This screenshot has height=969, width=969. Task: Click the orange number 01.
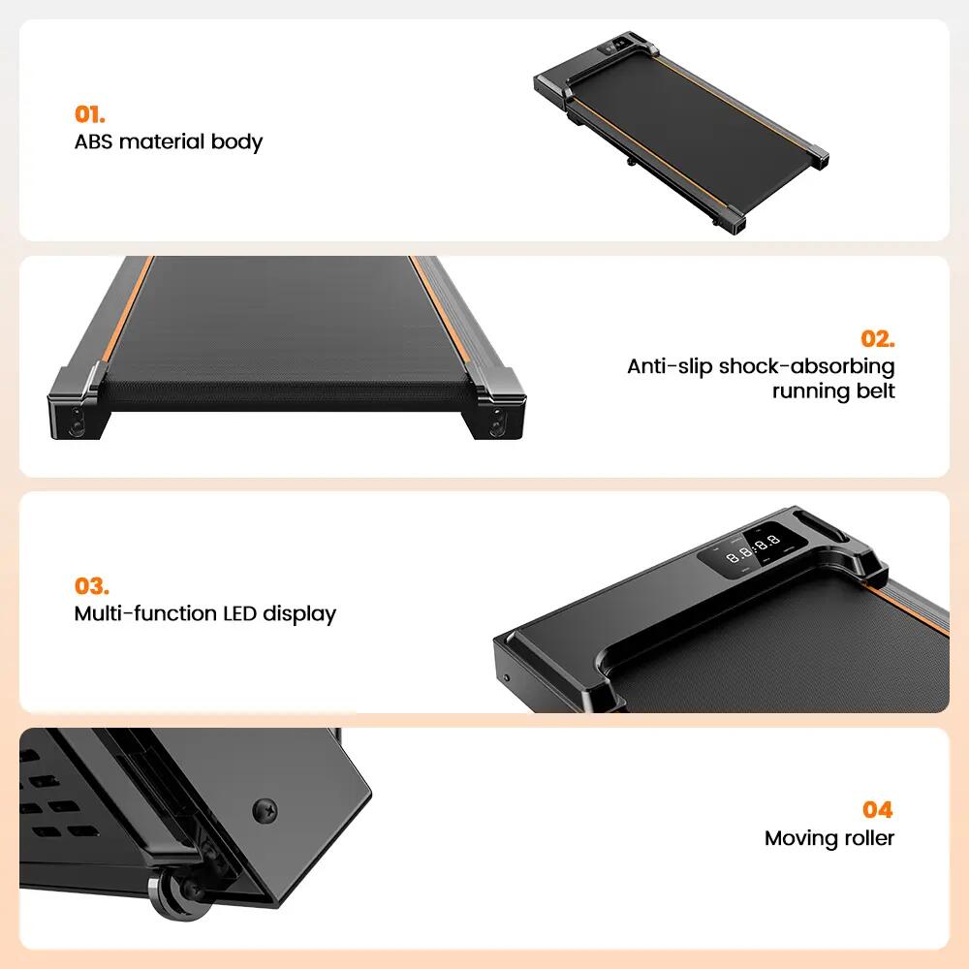click(x=89, y=114)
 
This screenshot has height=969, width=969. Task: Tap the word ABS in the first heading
click(x=93, y=141)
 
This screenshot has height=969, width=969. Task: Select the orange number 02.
click(x=878, y=338)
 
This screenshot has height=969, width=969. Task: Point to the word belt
click(x=876, y=391)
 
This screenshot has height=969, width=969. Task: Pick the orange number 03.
click(x=91, y=586)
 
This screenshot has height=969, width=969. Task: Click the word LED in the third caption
click(x=239, y=613)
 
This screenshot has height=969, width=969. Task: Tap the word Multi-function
click(x=145, y=613)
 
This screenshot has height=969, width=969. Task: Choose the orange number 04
click(x=878, y=809)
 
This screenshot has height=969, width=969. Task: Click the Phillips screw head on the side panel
click(x=266, y=811)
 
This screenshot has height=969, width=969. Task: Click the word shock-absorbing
click(x=806, y=366)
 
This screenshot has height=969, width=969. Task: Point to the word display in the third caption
click(x=299, y=613)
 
